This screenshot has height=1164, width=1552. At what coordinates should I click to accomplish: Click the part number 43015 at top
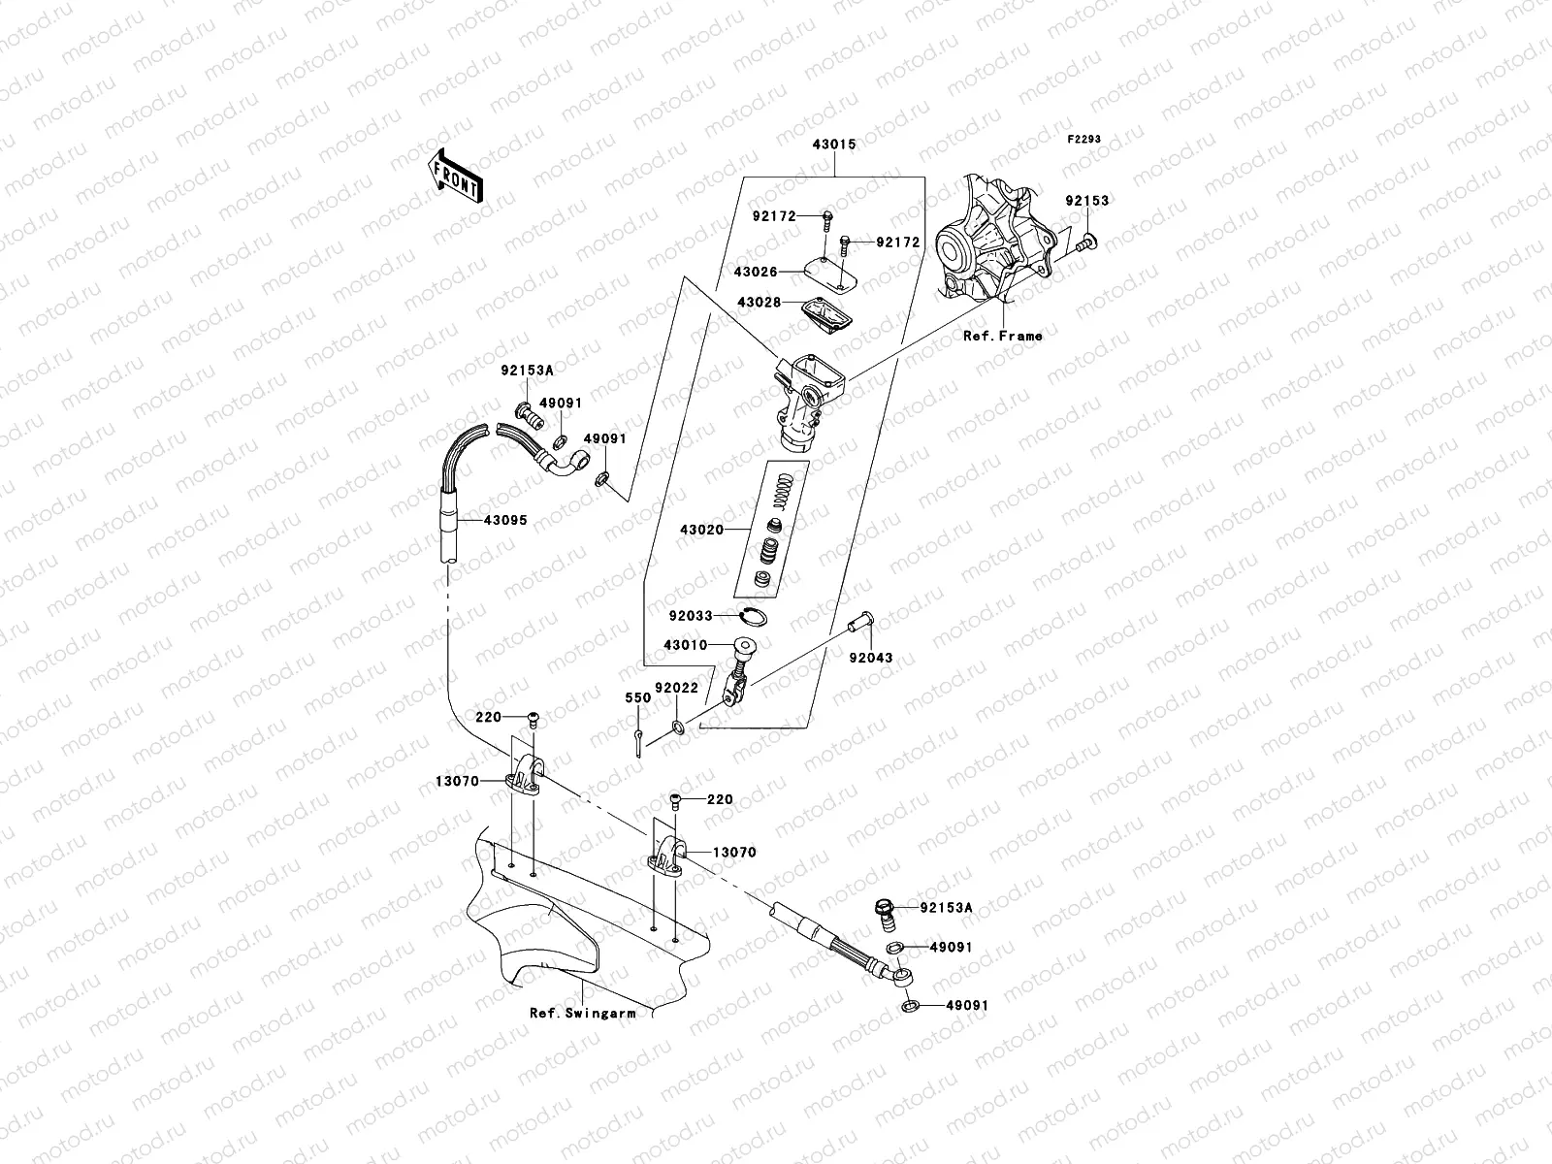point(833,145)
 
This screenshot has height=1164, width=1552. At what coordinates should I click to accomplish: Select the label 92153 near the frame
point(1086,201)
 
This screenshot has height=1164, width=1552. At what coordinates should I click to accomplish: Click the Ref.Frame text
point(1002,336)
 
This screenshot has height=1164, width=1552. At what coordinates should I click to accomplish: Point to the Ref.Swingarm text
point(582,1013)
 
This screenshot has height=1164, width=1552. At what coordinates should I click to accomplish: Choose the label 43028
point(760,303)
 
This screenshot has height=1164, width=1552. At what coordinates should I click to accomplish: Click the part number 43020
point(701,530)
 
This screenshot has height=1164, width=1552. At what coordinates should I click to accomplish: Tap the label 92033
point(691,615)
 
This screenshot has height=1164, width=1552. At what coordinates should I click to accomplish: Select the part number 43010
point(686,645)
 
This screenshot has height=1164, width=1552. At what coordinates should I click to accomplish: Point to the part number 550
point(637,697)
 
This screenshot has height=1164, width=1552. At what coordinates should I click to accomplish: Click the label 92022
point(676,688)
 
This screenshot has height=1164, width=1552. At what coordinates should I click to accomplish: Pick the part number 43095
point(505,520)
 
